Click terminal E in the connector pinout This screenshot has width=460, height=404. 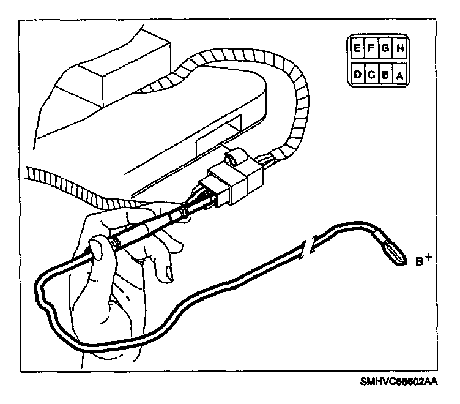tap(356, 47)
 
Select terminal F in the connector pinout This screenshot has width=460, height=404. tap(370, 47)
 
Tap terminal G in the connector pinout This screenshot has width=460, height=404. tap(385, 47)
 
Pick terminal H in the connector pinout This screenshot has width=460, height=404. tap(399, 47)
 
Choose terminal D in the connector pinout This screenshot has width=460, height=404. tap(356, 75)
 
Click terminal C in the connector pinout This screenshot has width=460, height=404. tap(370, 75)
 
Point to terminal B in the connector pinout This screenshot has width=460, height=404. tap(385, 75)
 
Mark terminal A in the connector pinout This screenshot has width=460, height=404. tap(399, 75)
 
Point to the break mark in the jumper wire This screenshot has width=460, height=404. tap(310, 245)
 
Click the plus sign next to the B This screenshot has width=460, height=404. tap(429, 257)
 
